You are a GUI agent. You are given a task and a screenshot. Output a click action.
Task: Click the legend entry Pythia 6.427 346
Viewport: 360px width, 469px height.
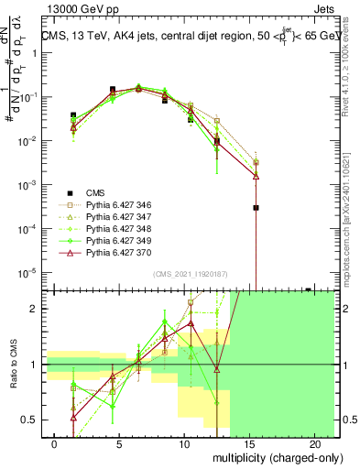point(115,205)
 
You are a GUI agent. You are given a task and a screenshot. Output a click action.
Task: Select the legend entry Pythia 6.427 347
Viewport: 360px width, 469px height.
point(115,217)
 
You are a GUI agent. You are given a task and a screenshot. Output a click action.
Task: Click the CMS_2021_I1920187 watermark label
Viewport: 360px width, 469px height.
point(191,274)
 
